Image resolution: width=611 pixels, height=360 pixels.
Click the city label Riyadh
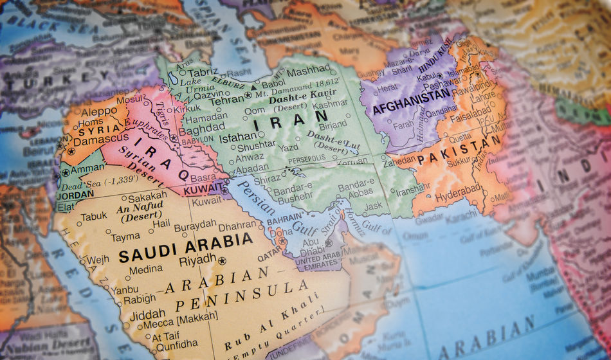pyautogui.click(x=197, y=259)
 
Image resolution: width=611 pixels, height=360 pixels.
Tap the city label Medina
pyautogui.click(x=146, y=269)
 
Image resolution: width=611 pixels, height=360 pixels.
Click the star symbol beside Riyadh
pyautogui.click(x=223, y=260)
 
